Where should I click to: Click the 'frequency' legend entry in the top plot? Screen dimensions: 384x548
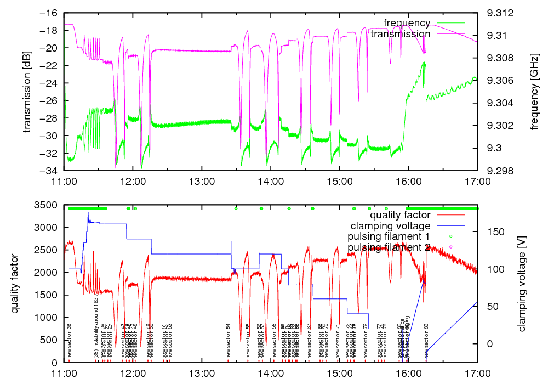[x=407, y=23]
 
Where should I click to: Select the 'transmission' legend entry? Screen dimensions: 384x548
[x=400, y=34]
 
